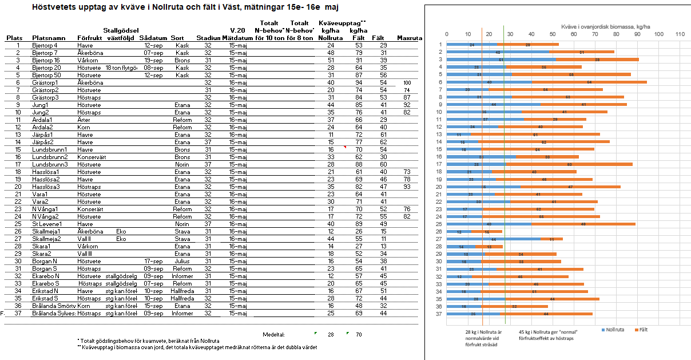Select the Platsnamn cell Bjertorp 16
click(46, 60)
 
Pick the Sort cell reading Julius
click(182, 261)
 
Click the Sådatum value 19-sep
click(154, 60)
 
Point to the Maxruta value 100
click(407, 82)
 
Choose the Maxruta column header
click(409, 38)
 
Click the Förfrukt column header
click(89, 38)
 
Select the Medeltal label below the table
click(273, 334)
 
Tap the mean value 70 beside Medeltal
click(359, 334)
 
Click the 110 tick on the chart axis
click(680, 34)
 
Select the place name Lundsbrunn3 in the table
click(50, 164)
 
